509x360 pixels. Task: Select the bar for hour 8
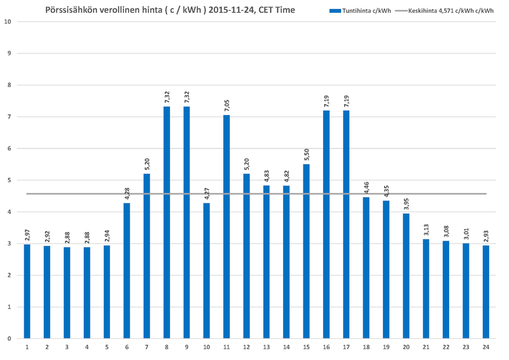pyautogui.click(x=167, y=223)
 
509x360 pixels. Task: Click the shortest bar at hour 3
pyautogui.click(x=67, y=293)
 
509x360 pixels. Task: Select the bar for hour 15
pyautogui.click(x=307, y=251)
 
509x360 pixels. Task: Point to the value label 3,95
pyautogui.click(x=406, y=204)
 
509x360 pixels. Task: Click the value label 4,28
pyautogui.click(x=127, y=193)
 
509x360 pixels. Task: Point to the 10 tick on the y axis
pyautogui.click(x=7, y=22)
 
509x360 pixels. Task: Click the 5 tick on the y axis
pyautogui.click(x=8, y=180)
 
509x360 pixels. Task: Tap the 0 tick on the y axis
pyautogui.click(x=8, y=338)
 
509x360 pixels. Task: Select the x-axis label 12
pyautogui.click(x=246, y=347)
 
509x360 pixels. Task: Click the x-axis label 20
pyautogui.click(x=406, y=347)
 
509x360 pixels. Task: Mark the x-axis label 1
pyautogui.click(x=27, y=347)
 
